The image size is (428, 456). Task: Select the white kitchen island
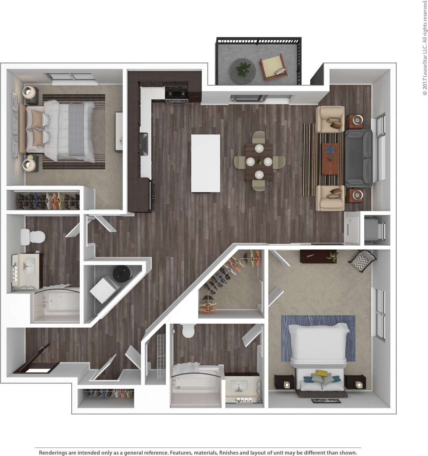[x=205, y=163]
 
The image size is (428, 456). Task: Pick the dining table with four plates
[x=259, y=161]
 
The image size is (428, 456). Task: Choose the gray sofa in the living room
[x=359, y=157]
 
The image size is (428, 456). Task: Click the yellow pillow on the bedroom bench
[x=321, y=373]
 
